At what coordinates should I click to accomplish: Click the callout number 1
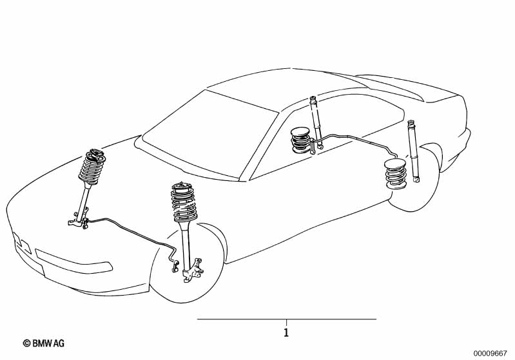point(286,333)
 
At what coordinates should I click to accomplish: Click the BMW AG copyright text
point(44,344)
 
